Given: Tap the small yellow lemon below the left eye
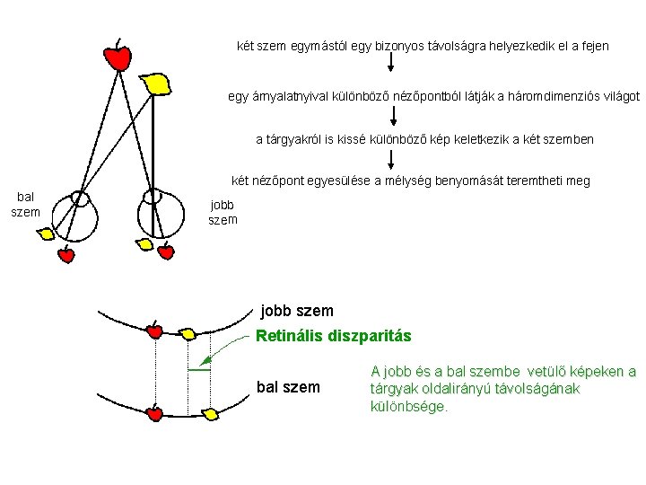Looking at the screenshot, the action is [x=46, y=234].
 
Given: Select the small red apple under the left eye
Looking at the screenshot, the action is [x=65, y=255].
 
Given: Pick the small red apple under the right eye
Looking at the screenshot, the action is [x=165, y=252].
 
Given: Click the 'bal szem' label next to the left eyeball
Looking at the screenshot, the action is [x=25, y=204].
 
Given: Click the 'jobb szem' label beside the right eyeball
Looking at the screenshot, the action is [x=223, y=212].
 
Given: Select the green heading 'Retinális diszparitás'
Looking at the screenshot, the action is [x=333, y=337].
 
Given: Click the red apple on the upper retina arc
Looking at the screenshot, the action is [x=154, y=331].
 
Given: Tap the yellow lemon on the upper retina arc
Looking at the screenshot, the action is [x=188, y=334].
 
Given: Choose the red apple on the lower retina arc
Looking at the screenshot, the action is [x=154, y=413].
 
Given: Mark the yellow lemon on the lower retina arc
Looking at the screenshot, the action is [x=211, y=414].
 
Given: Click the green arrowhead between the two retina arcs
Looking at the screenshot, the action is [x=204, y=364].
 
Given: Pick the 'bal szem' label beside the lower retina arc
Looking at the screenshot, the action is [x=287, y=387].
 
